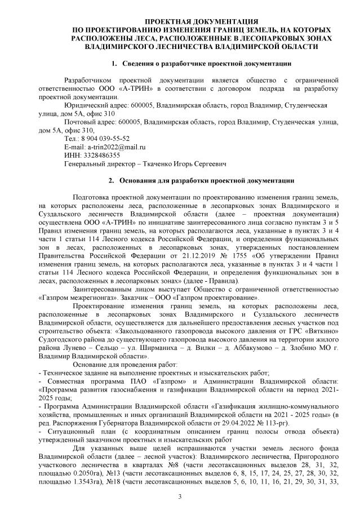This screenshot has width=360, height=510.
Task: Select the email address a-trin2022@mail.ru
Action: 118,146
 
